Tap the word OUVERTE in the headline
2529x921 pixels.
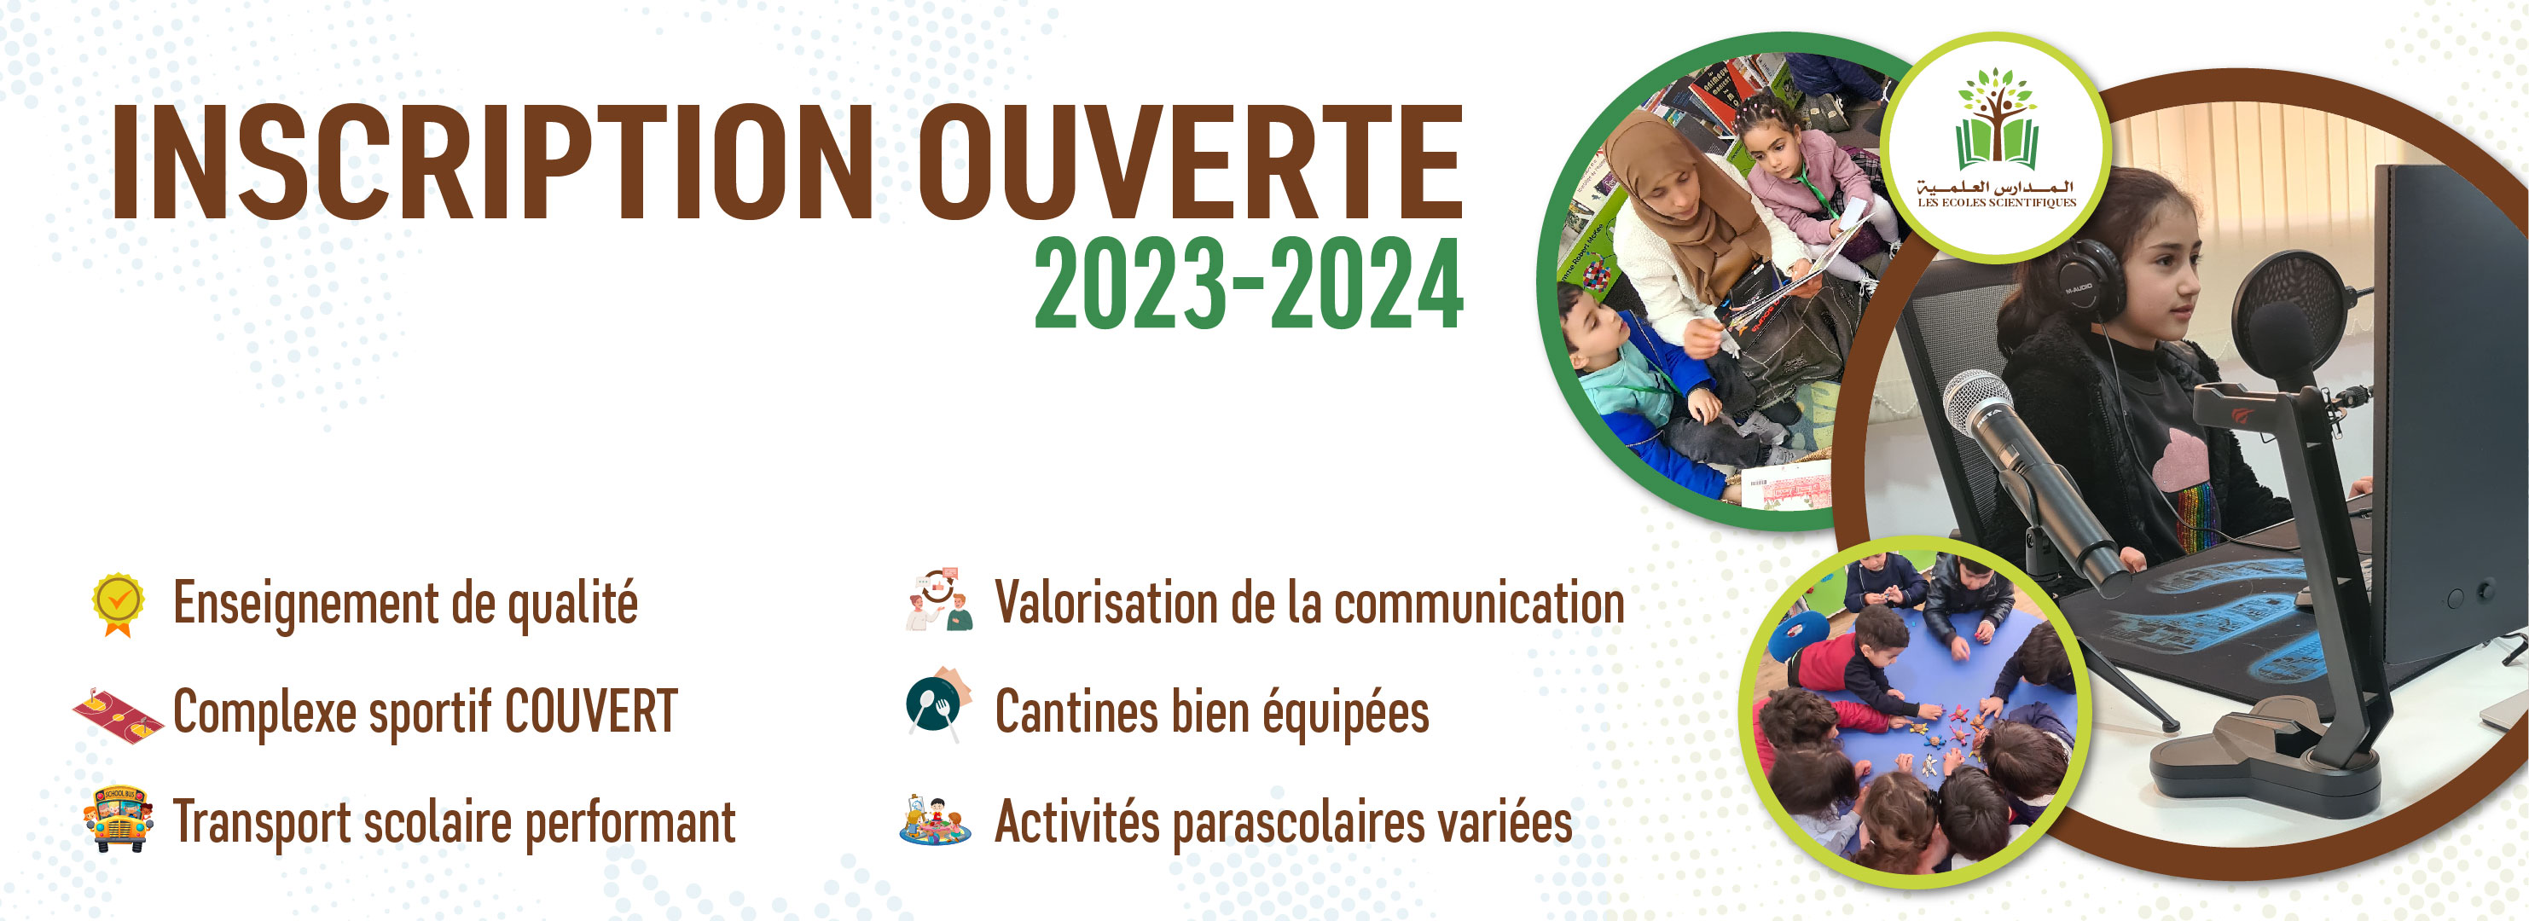(x=1190, y=162)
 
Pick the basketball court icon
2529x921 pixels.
(x=116, y=715)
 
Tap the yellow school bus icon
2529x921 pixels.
(x=118, y=818)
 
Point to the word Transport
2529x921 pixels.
(x=261, y=823)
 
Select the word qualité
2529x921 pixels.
(x=572, y=604)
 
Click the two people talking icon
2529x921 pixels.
(x=938, y=599)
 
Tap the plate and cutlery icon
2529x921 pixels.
(x=937, y=705)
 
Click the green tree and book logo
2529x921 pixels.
(x=1997, y=119)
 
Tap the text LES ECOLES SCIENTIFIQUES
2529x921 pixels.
(x=1997, y=203)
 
